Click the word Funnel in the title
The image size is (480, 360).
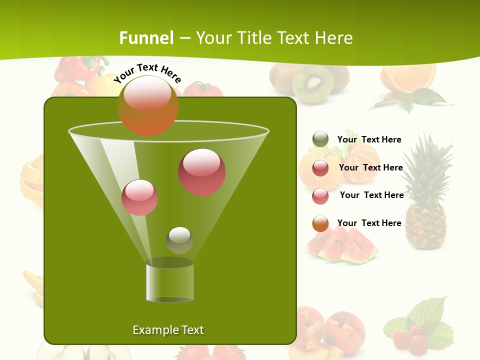tap(146, 38)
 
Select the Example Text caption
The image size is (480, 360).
tap(168, 330)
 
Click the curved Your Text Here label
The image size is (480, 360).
tap(147, 73)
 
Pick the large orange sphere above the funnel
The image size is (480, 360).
tap(147, 105)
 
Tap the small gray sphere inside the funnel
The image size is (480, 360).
tap(179, 240)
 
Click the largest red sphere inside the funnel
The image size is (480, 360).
tap(202, 172)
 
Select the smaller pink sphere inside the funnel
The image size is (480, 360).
tap(140, 197)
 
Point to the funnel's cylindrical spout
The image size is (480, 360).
tap(170, 282)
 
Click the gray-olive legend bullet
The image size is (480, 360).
tap(320, 139)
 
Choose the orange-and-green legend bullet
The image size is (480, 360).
tap(320, 223)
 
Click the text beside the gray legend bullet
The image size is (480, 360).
tap(369, 139)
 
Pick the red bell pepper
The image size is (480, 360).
tap(75, 70)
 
